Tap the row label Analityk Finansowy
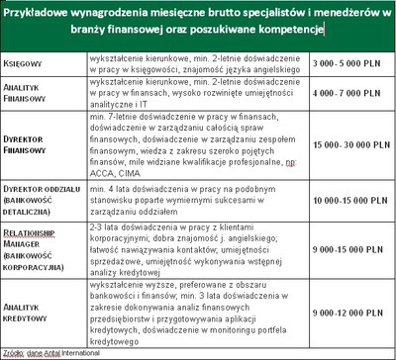point(28,93)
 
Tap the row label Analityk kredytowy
point(28,312)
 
